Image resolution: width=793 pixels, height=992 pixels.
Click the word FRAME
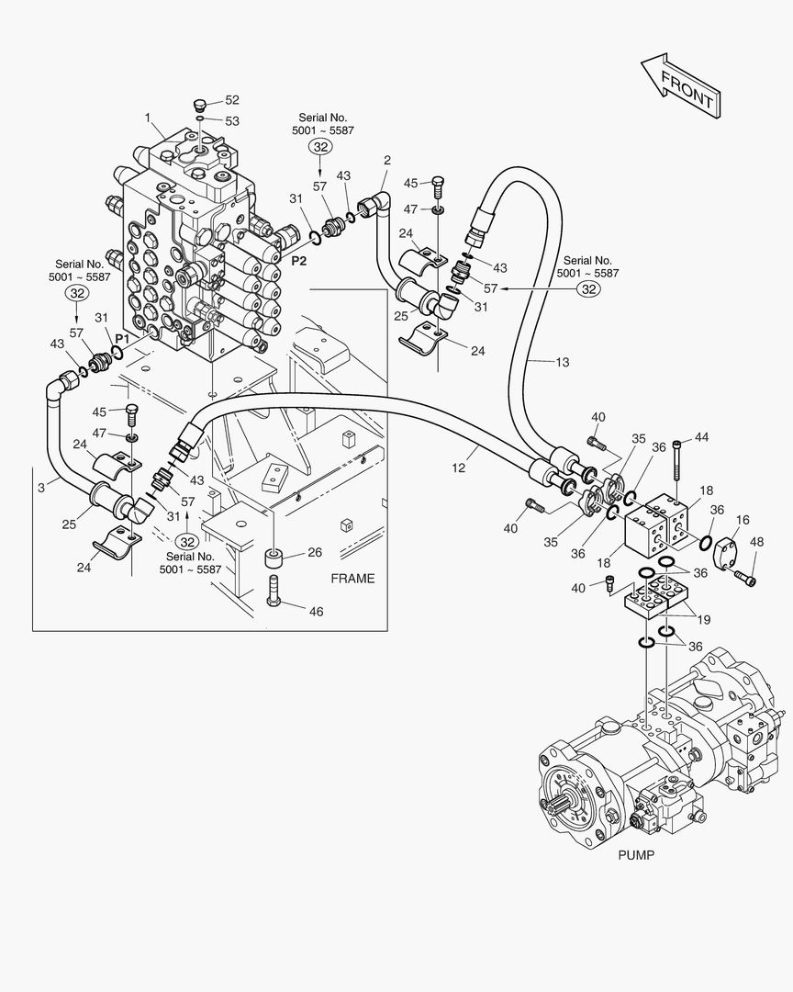(352, 578)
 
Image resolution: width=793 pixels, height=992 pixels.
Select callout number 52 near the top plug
(231, 100)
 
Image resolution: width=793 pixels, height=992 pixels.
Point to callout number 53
(231, 120)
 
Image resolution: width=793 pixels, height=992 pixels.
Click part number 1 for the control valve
(147, 117)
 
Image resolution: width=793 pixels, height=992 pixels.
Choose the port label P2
(299, 261)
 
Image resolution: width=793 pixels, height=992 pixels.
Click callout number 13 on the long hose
(562, 362)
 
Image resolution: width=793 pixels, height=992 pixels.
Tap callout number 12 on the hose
(459, 468)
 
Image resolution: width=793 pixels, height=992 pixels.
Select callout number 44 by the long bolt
(702, 437)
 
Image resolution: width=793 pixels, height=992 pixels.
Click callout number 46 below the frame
(315, 610)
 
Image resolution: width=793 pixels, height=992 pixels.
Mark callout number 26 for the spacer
(315, 552)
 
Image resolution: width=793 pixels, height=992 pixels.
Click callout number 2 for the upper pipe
(386, 160)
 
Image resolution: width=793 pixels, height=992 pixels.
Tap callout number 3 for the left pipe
(41, 487)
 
